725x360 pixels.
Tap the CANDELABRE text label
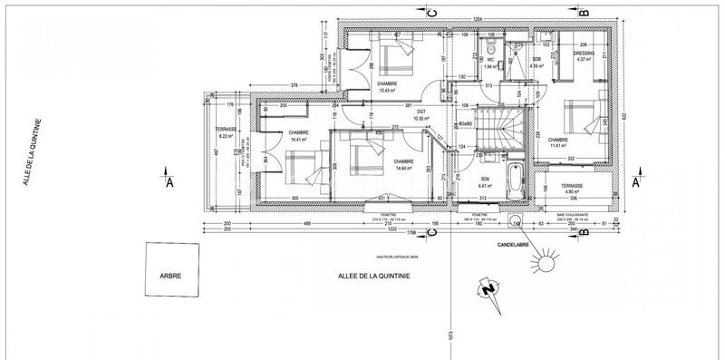tap(507, 245)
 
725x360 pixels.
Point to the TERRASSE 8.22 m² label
tap(226, 133)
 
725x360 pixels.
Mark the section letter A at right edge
tap(635, 181)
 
